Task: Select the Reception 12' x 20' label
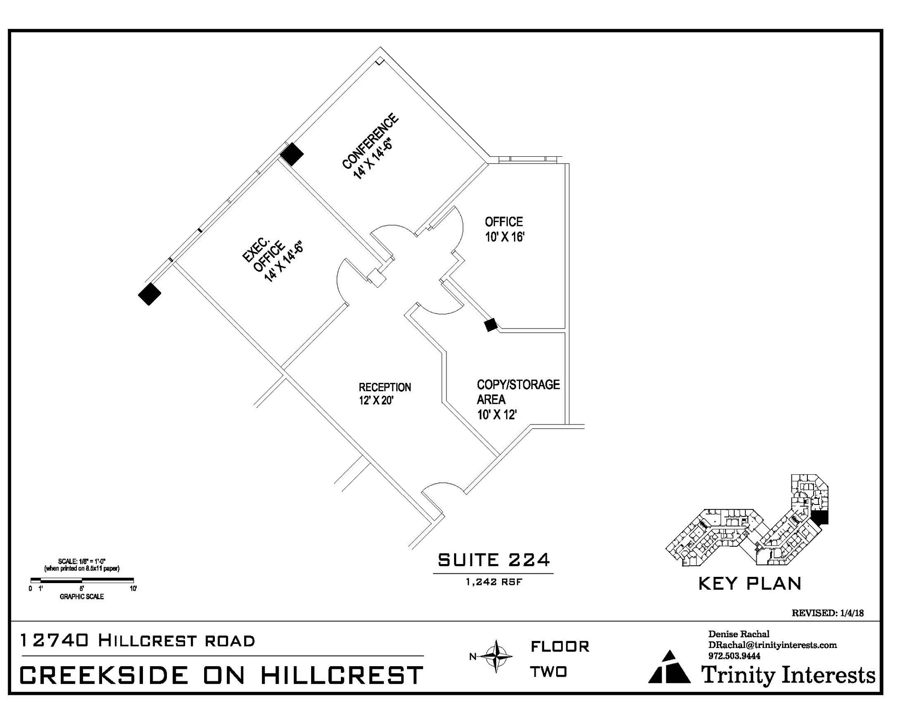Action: (385, 394)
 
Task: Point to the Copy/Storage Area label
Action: (518, 399)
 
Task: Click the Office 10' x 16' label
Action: (504, 229)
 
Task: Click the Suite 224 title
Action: (494, 560)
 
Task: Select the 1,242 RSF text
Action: (494, 582)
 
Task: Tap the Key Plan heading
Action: (750, 584)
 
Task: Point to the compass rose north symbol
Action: (495, 656)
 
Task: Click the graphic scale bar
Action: (82, 580)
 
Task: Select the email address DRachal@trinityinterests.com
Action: (772, 645)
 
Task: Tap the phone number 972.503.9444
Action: (734, 656)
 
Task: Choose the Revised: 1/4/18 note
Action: (827, 613)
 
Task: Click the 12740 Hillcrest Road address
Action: (138, 640)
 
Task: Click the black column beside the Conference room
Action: (292, 154)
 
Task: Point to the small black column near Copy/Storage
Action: (490, 325)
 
